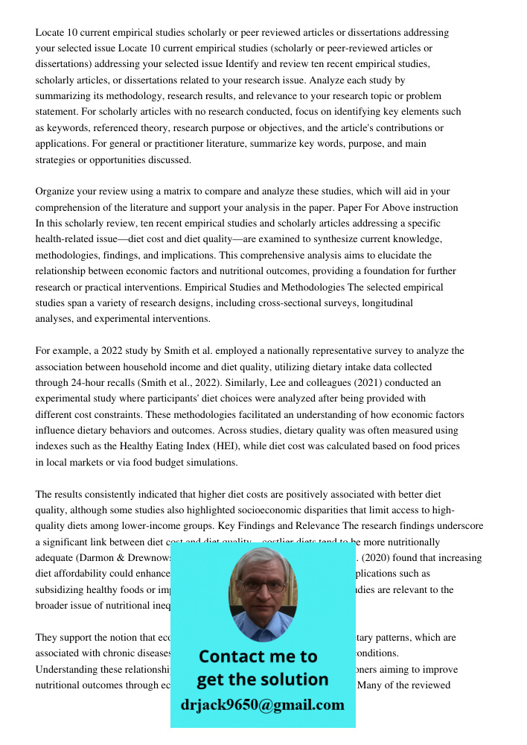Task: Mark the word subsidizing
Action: coord(64,589)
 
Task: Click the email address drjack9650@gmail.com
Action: coord(262,704)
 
